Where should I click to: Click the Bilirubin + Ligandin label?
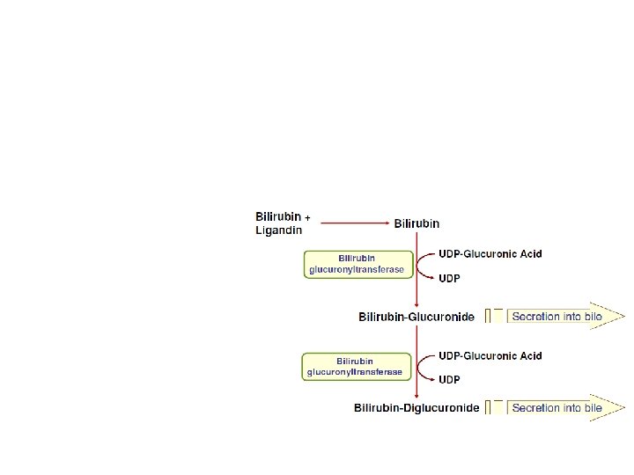[x=279, y=223]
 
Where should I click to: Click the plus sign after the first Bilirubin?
[x=307, y=216]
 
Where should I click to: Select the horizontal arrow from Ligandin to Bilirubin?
[x=352, y=223]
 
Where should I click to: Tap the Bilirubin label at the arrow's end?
[x=417, y=223]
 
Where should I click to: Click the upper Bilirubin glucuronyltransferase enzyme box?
[x=358, y=264]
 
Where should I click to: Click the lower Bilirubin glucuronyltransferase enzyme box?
[x=356, y=367]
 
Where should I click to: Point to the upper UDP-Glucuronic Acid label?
[x=490, y=253]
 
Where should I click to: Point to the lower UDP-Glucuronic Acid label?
[x=490, y=356]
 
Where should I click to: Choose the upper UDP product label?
[x=449, y=278]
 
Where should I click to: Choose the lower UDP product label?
[x=449, y=380]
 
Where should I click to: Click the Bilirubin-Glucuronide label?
[x=417, y=317]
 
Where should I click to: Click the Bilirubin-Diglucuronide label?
[x=417, y=408]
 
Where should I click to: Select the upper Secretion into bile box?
[x=557, y=316]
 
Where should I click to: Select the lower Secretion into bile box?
[x=557, y=408]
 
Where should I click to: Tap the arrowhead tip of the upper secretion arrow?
[x=623, y=316]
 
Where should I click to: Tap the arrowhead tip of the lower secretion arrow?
[x=623, y=408]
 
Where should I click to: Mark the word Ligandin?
[x=278, y=230]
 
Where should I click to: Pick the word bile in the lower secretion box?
[x=591, y=408]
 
